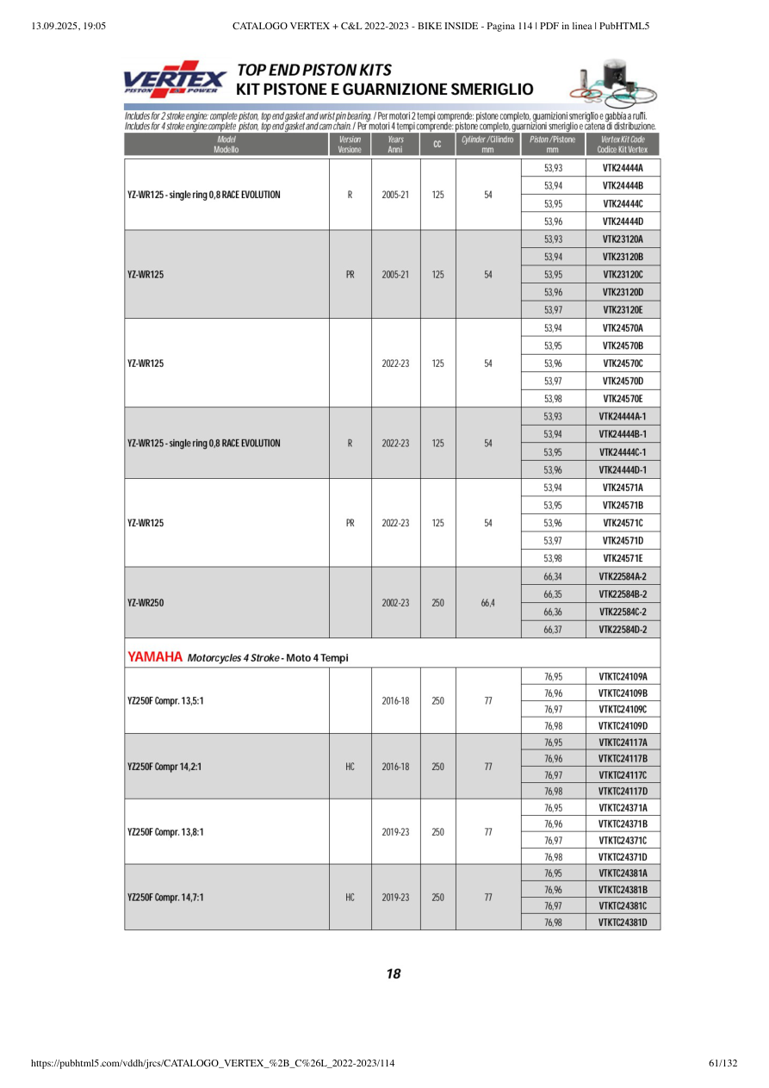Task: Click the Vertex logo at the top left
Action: pyautogui.click(x=176, y=79)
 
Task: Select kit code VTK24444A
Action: pyautogui.click(x=623, y=168)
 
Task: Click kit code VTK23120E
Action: pyautogui.click(x=623, y=310)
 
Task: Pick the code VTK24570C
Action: pyautogui.click(x=623, y=364)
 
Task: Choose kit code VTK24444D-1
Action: pyautogui.click(x=623, y=470)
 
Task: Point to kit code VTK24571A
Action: pyautogui.click(x=623, y=488)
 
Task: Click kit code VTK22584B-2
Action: pyautogui.click(x=623, y=594)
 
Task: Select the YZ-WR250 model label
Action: pyautogui.click(x=146, y=603)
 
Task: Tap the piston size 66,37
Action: pyautogui.click(x=553, y=630)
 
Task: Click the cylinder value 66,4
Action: pyautogui.click(x=487, y=603)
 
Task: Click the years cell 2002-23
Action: pyautogui.click(x=395, y=603)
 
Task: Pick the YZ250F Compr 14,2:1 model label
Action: pyautogui.click(x=164, y=766)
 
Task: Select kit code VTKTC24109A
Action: pyautogui.click(x=623, y=677)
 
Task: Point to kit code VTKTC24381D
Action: pyautogui.click(x=623, y=923)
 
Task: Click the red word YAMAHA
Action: pyautogui.click(x=155, y=657)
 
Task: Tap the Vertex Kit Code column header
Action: pyautogui.click(x=623, y=144)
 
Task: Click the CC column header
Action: pyautogui.click(x=437, y=144)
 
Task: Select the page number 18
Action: pyautogui.click(x=393, y=974)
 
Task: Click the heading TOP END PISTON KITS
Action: pyautogui.click(x=314, y=70)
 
